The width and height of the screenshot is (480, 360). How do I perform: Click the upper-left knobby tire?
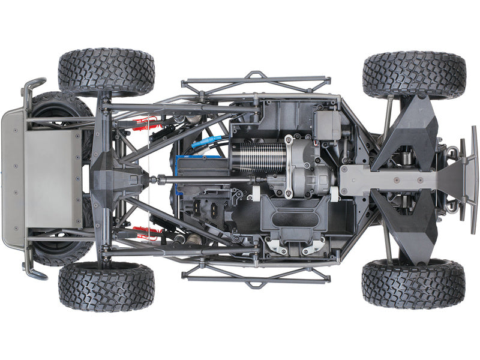[x=106, y=72]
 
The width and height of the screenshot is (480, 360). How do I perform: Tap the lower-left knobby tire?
[x=106, y=286]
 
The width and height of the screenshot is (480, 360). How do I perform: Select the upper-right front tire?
[x=414, y=74]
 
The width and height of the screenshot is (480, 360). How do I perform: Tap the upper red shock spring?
[x=144, y=124]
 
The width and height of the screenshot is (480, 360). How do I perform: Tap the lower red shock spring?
[x=146, y=232]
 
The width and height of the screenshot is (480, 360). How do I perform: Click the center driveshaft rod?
[x=204, y=178]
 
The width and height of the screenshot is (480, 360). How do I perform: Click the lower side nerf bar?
[x=255, y=277]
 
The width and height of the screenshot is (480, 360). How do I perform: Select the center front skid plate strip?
[x=390, y=178]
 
